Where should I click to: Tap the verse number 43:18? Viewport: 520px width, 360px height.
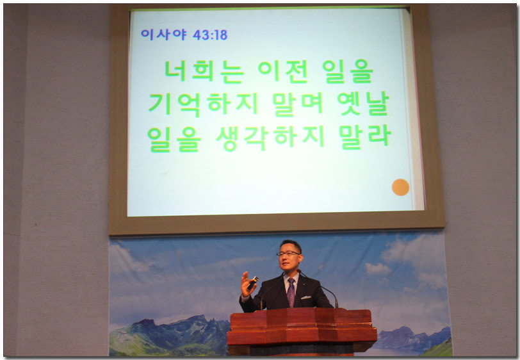210,35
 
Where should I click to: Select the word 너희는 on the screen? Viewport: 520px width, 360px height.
204,71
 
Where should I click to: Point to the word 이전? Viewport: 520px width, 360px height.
283,71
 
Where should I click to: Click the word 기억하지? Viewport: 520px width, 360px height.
203,104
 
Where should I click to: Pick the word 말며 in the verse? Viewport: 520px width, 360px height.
297,104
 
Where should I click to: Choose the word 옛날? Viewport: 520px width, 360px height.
363,104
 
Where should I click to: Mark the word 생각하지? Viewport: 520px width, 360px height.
270,138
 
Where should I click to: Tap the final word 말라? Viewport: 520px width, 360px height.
365,136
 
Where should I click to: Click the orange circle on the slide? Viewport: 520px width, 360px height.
400,187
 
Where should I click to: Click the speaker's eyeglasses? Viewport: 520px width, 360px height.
288,254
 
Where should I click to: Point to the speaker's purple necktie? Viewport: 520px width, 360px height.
291,292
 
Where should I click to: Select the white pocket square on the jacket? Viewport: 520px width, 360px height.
305,297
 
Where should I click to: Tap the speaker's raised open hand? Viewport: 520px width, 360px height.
247,284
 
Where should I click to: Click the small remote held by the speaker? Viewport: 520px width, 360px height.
253,282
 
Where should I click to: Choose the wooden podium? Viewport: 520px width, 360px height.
302,332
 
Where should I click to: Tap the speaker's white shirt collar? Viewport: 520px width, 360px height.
291,278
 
